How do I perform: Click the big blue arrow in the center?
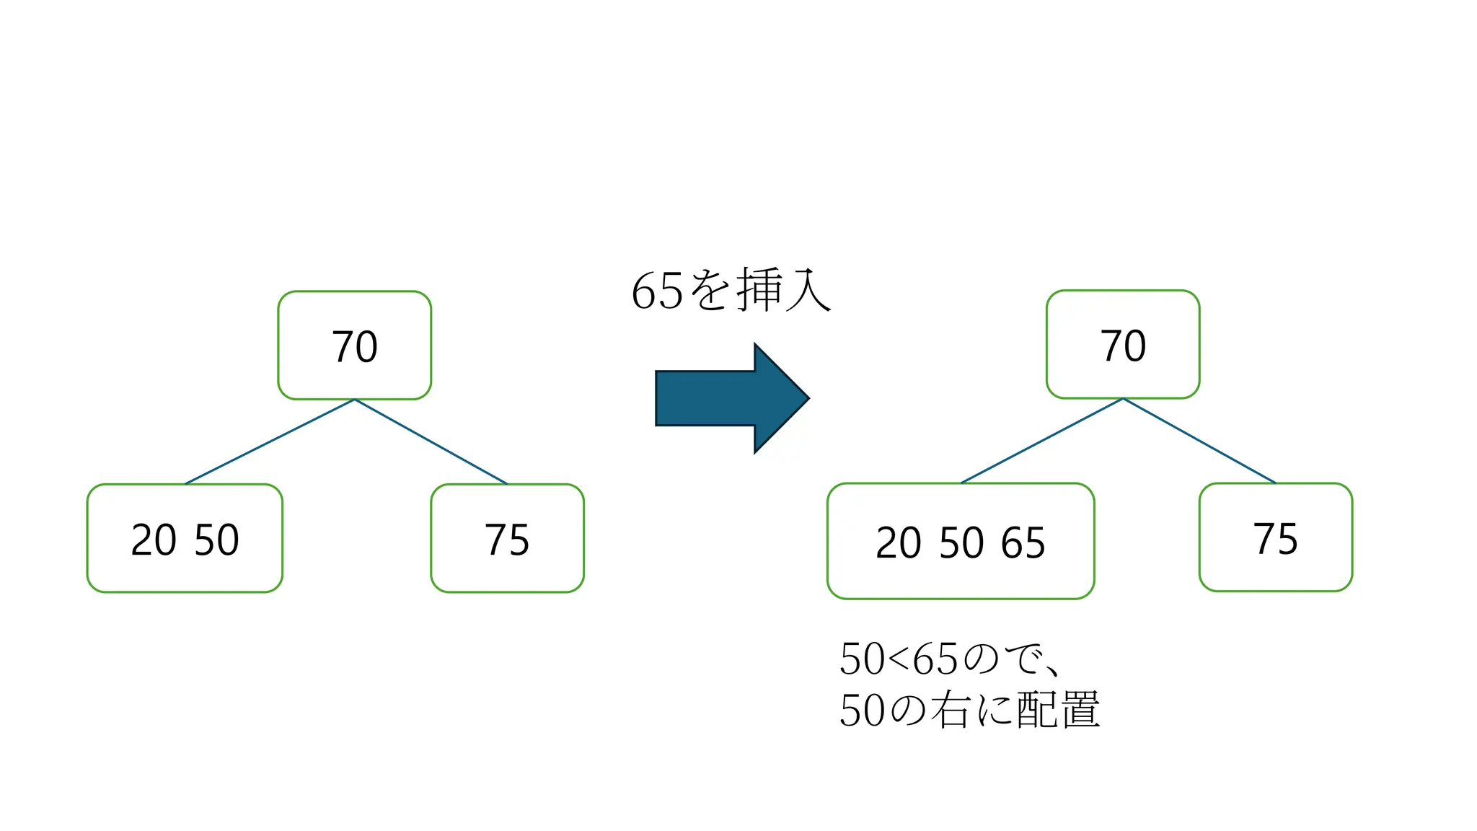pos(728,398)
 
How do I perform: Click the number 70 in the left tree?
pos(354,346)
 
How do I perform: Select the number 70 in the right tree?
pos(1123,346)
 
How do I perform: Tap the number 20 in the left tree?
pos(154,540)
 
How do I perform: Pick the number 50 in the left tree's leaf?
pos(216,540)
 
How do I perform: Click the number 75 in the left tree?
pos(507,540)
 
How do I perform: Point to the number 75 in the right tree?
pos(1276,538)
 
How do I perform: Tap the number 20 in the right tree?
pos(898,542)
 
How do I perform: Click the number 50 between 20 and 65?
pos(961,542)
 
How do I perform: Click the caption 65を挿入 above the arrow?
pos(731,290)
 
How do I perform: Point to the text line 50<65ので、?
pos(948,659)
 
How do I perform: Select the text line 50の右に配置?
pos(969,710)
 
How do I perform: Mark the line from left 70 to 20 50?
pos(270,441)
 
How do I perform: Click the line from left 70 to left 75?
pos(431,441)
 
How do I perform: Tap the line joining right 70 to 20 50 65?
pos(1042,440)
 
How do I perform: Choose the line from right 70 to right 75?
pos(1199,440)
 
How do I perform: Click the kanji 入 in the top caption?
pos(808,290)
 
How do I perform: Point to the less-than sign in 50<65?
pos(899,659)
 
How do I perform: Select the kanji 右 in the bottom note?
pos(950,710)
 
